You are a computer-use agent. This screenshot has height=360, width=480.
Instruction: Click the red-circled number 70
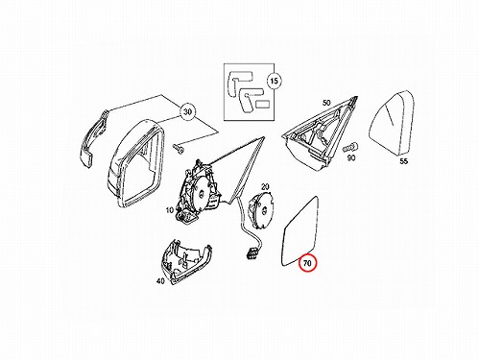307,263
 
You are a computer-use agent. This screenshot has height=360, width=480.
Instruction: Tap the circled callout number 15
275,81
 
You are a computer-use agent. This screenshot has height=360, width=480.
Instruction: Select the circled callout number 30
187,112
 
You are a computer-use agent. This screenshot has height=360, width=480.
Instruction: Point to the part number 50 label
326,103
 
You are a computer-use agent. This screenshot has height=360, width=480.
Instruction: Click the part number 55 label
404,161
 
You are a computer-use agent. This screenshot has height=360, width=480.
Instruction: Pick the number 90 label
351,157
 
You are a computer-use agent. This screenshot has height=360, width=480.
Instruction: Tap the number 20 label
265,187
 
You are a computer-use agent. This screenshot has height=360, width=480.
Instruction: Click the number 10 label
170,210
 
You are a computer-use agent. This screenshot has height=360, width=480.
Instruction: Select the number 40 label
160,281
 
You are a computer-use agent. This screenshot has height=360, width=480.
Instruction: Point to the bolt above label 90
350,148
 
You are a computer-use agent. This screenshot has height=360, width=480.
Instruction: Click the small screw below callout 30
179,148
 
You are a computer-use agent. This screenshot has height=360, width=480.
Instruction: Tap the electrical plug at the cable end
252,252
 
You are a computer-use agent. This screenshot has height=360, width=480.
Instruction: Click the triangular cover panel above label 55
391,124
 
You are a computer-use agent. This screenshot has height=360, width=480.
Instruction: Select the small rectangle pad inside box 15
264,104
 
